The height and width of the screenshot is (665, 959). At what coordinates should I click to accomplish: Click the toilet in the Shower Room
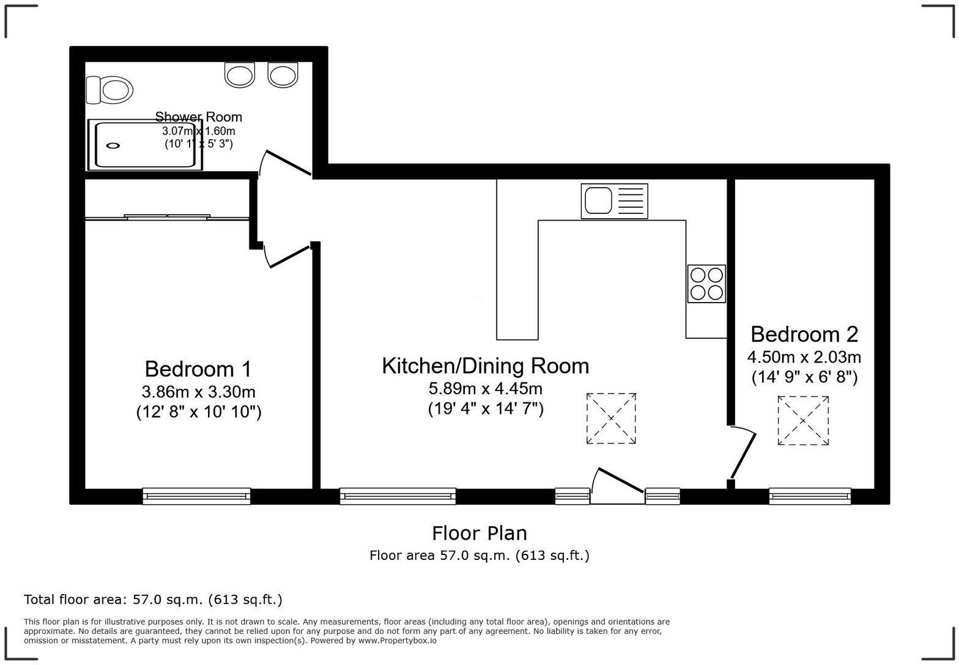[x=111, y=90]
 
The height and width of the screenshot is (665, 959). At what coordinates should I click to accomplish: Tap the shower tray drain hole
[x=113, y=145]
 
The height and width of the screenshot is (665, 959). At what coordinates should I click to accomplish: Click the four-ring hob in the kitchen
[x=706, y=284]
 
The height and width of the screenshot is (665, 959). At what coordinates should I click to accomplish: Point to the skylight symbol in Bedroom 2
[x=804, y=421]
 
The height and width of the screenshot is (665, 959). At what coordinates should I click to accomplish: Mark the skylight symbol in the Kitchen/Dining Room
[x=611, y=419]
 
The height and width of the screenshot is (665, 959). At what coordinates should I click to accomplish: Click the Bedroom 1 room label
[x=198, y=369]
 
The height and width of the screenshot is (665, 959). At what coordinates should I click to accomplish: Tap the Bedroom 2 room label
[x=804, y=334]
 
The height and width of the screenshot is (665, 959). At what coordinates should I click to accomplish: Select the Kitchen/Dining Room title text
[x=486, y=366]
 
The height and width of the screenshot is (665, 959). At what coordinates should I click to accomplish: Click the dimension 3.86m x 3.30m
[x=198, y=391]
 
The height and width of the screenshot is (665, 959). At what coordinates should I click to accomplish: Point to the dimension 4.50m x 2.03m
[x=804, y=356]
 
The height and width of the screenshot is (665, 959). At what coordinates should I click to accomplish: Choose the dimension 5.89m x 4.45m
[x=486, y=388]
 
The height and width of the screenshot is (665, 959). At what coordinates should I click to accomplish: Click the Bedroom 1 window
[x=196, y=496]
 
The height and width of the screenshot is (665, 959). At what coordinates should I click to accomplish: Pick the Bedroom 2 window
[x=810, y=496]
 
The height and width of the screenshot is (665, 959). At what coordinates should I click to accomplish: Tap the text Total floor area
[x=77, y=600]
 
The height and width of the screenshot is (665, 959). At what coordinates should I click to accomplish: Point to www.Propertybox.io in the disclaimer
[x=397, y=641]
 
